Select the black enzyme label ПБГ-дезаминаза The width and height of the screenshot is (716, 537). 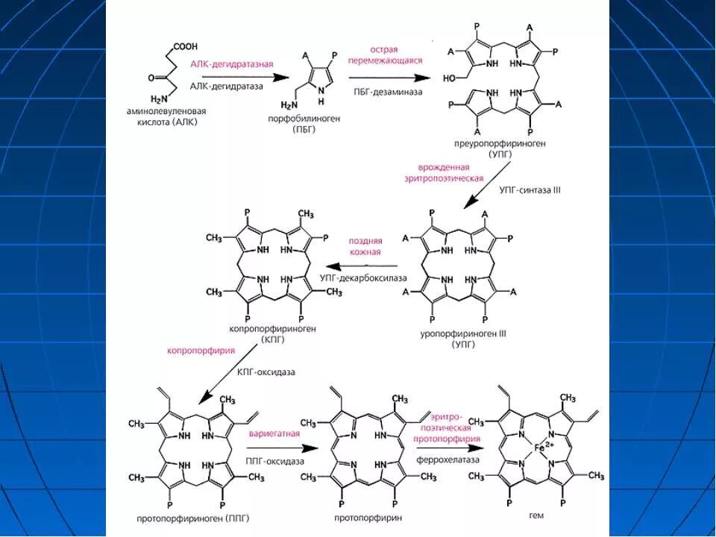[x=388, y=91]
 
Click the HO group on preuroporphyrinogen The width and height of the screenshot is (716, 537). [x=453, y=78]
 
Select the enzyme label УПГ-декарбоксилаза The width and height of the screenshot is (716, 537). [x=363, y=277]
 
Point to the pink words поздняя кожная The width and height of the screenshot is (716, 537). [x=365, y=247]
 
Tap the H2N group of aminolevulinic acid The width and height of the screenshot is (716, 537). [x=159, y=99]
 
